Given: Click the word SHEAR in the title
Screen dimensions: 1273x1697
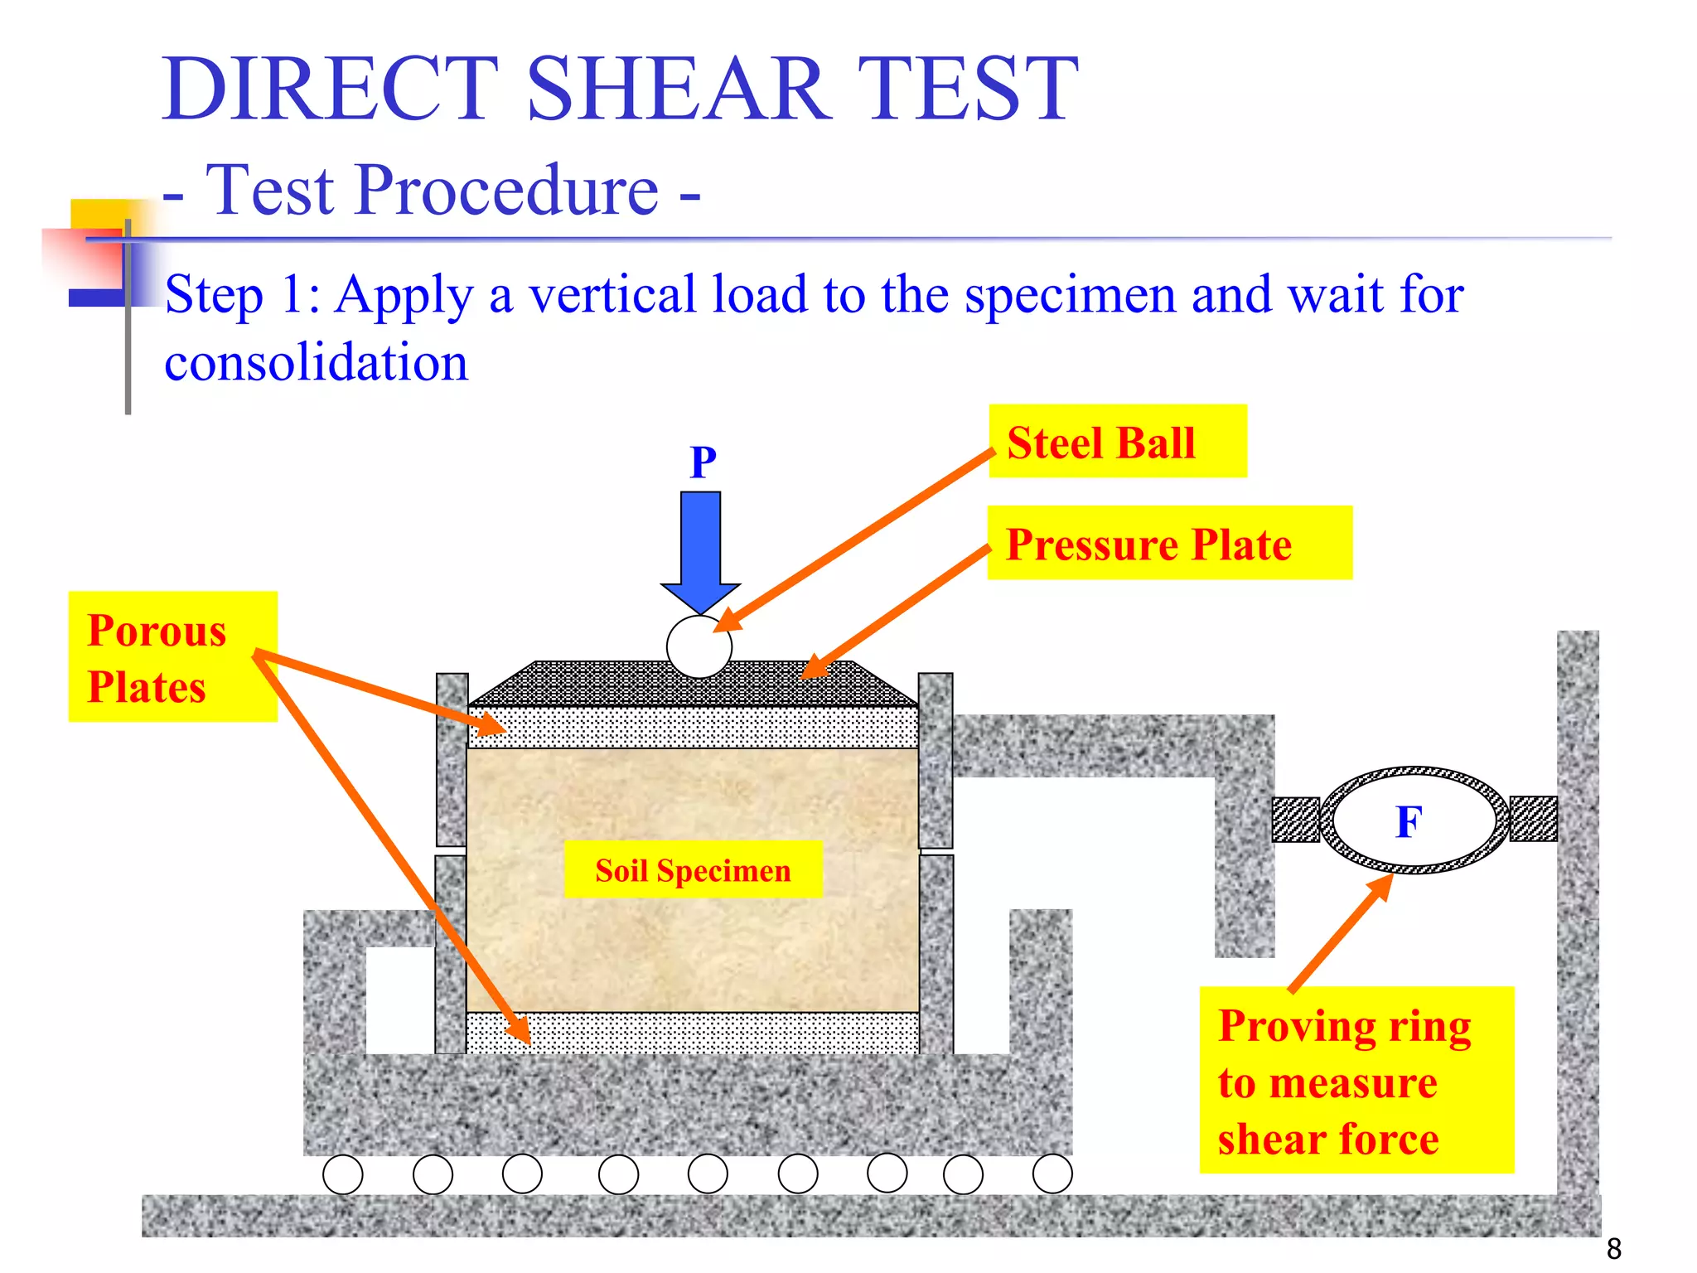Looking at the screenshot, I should [x=679, y=89].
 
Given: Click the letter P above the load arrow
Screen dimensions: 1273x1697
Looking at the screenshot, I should [x=703, y=462].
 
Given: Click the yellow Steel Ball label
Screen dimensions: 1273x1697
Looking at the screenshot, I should [x=1117, y=442].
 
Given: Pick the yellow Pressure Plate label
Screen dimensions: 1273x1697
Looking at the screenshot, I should [x=1168, y=544].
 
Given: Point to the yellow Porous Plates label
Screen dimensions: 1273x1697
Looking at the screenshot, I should [x=172, y=656].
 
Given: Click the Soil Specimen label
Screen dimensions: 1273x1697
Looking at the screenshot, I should [x=693, y=870].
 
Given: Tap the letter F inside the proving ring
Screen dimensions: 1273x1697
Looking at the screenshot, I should [x=1409, y=822].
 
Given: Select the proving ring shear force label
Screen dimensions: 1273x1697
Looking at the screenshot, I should [x=1356, y=1080].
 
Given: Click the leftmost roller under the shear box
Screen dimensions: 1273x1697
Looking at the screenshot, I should [x=342, y=1174].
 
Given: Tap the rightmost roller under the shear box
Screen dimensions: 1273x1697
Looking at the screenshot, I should [x=1052, y=1174].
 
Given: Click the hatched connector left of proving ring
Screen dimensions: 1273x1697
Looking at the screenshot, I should [x=1296, y=820].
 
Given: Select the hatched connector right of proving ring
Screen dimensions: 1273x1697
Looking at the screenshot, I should [x=1533, y=819].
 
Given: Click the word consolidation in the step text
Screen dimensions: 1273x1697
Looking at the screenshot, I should [x=317, y=363].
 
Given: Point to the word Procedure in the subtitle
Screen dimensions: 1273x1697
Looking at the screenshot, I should [x=507, y=190].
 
